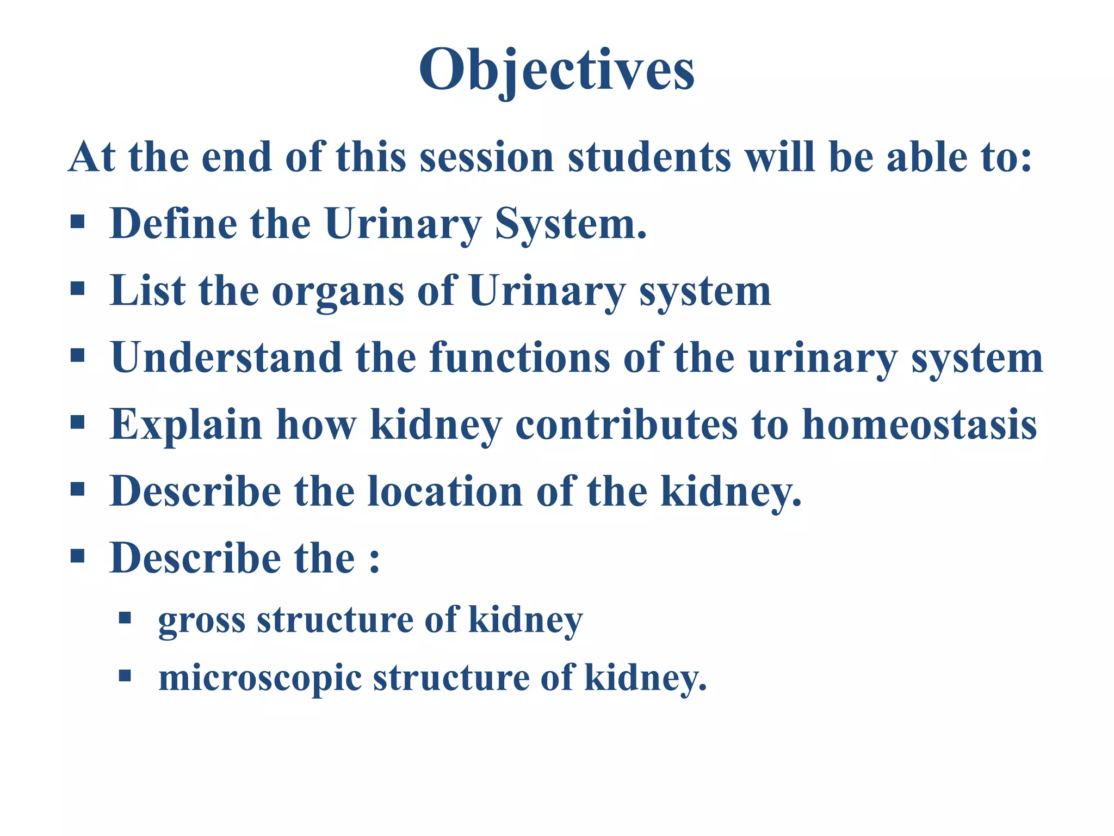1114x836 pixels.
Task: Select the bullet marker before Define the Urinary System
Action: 78,222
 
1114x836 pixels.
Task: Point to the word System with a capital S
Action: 570,224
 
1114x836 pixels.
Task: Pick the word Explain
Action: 185,425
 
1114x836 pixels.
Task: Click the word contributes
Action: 626,424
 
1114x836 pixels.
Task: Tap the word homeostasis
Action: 919,424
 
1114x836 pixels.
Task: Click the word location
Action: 445,491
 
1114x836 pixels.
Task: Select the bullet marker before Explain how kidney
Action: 78,422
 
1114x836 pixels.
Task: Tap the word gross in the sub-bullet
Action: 201,620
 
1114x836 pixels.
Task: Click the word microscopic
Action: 259,679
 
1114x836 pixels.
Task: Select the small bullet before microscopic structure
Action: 125,676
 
